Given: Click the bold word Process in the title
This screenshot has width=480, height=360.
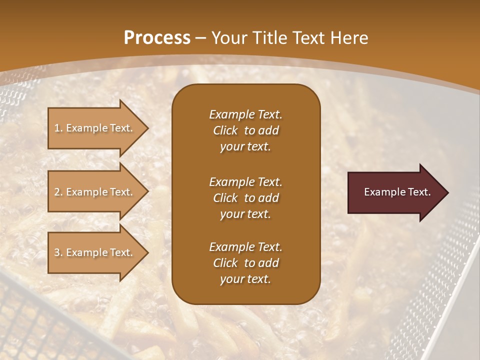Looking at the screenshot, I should (x=157, y=38).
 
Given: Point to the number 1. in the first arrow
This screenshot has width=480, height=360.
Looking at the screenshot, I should (x=58, y=128).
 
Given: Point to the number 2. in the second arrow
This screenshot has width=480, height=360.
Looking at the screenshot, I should (x=58, y=192).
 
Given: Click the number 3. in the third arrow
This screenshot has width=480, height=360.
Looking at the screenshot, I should (x=58, y=252).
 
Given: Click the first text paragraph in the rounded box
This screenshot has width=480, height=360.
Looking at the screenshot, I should (x=245, y=130).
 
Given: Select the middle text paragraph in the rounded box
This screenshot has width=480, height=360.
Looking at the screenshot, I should (x=245, y=197).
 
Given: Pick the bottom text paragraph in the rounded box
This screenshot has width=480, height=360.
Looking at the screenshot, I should (x=245, y=263).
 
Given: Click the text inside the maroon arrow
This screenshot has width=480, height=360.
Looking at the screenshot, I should (x=397, y=192).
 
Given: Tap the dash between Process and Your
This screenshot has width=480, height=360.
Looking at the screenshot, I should (x=200, y=38).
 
